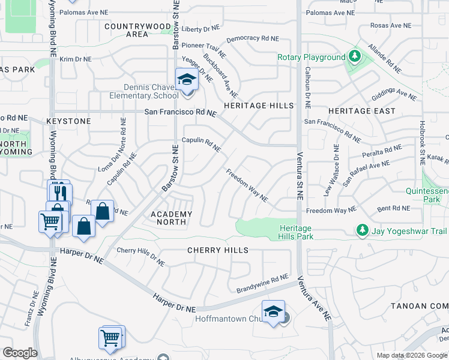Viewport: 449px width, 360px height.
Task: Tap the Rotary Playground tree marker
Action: pos(355,57)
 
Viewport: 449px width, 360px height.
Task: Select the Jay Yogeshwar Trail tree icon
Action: pos(361,230)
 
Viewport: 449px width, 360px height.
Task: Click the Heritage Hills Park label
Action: pos(297,232)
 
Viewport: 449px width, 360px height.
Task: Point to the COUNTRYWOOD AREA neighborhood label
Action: pos(137,30)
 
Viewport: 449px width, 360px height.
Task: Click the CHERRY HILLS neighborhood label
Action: pos(217,250)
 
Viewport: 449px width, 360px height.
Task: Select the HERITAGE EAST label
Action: pos(362,111)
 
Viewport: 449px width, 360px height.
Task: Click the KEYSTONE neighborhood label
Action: pos(68,121)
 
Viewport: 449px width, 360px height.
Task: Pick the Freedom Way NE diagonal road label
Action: pos(247,185)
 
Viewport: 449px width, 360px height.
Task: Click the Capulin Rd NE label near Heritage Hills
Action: pos(202,145)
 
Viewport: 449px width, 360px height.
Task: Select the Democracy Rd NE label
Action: pos(253,38)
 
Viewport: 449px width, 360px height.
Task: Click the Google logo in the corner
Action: pos(20,353)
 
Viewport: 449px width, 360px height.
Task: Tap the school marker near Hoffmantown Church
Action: pos(273,311)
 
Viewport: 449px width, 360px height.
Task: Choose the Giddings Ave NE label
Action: pos(394,94)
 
